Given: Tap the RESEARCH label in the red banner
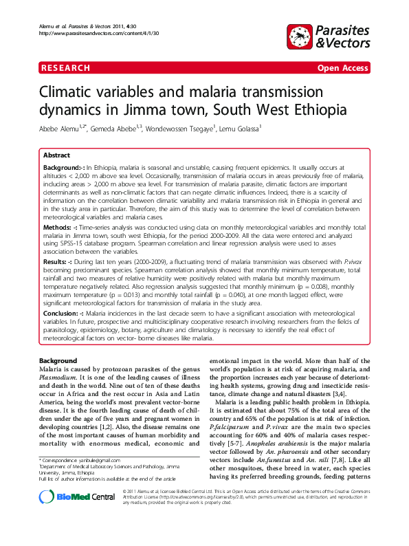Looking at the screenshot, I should (x=66, y=68).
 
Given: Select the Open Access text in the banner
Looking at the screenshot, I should (x=342, y=68).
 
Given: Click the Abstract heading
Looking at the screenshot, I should (x=56, y=155).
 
